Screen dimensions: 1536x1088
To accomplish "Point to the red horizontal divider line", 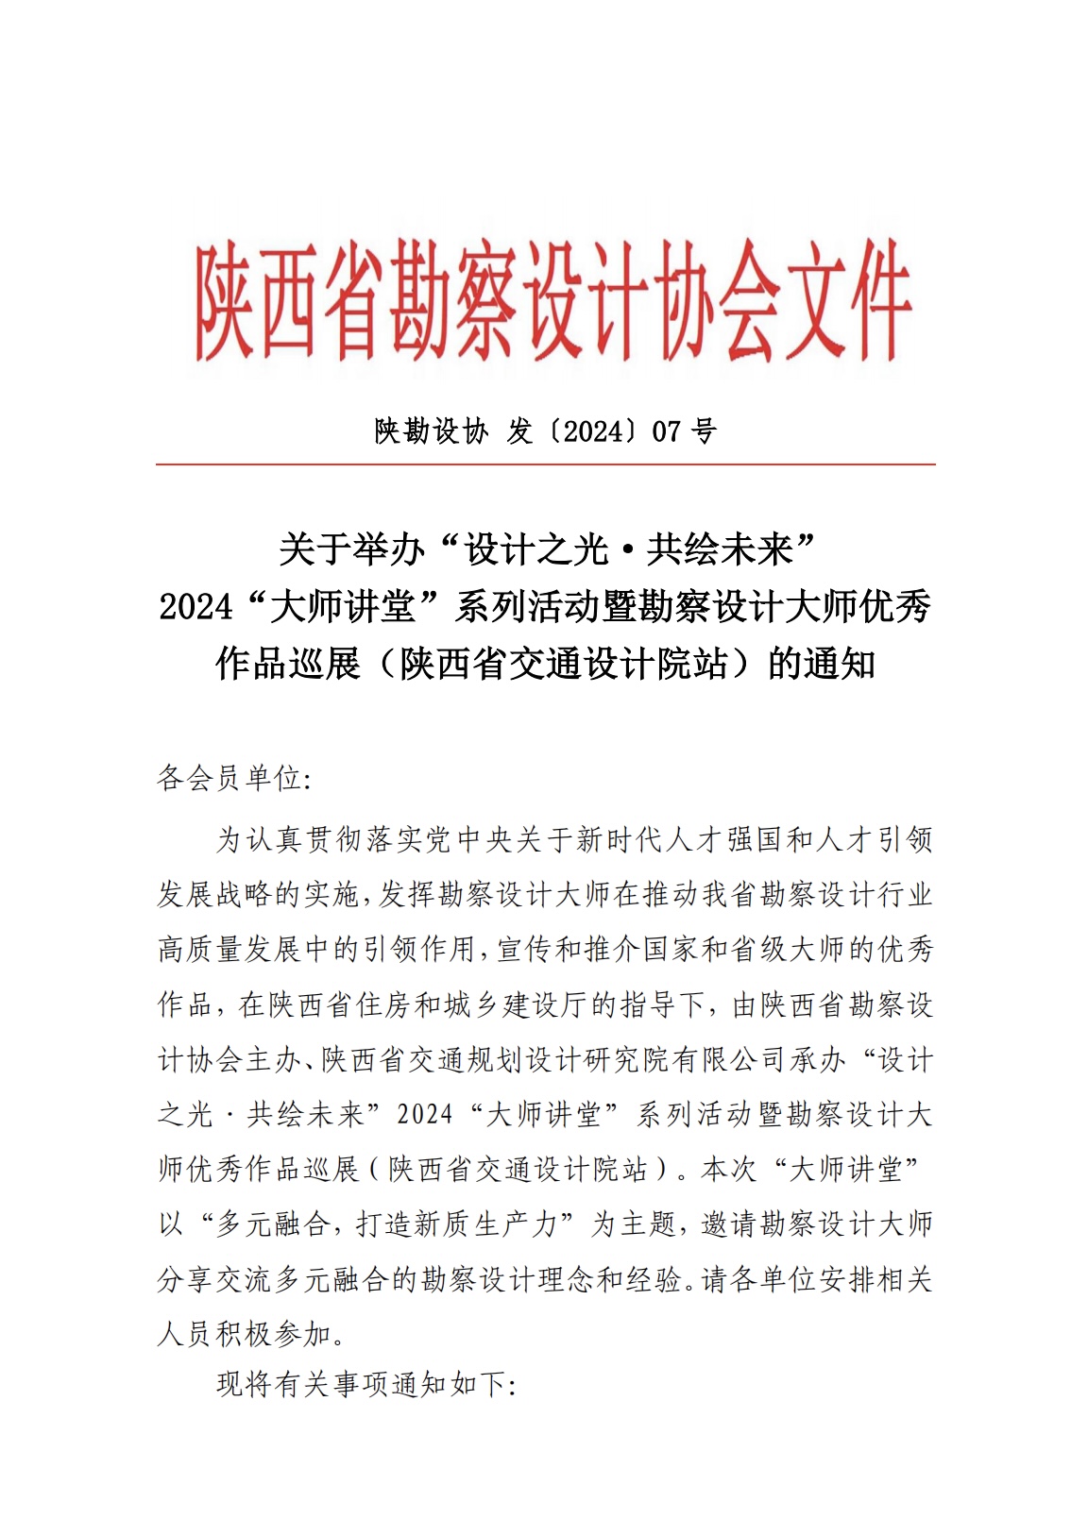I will click(x=545, y=464).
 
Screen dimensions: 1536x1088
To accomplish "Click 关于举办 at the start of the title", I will click(x=351, y=549).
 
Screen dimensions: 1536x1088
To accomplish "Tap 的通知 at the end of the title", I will click(x=821, y=663).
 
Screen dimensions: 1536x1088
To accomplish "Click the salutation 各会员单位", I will click(x=229, y=778).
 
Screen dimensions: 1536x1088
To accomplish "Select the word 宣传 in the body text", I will click(x=525, y=949).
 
